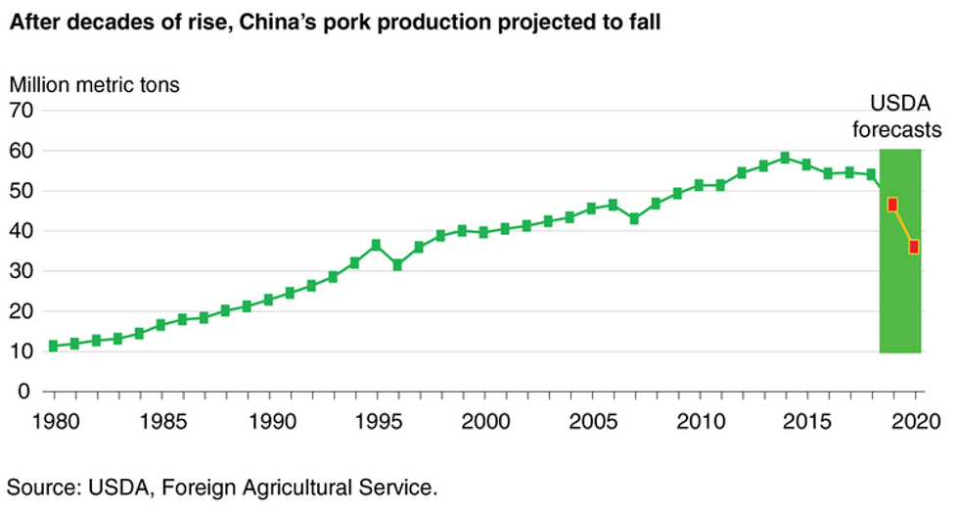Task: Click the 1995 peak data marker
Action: [x=376, y=245]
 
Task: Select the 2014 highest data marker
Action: [x=785, y=157]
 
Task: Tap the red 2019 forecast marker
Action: [x=892, y=205]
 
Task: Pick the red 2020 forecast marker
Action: [x=914, y=247]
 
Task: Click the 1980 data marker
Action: [x=53, y=346]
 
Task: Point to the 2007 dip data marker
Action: [x=634, y=218]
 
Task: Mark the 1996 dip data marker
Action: [x=397, y=265]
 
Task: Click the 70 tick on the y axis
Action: [x=23, y=111]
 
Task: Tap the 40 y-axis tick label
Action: [x=23, y=231]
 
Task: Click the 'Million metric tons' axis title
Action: [x=95, y=84]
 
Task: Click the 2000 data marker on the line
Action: [x=483, y=232]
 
